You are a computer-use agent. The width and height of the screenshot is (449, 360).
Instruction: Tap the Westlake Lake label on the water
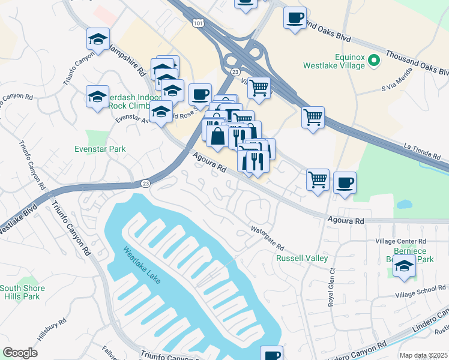coord(142,266)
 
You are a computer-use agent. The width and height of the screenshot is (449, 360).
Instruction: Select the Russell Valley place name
coord(301,258)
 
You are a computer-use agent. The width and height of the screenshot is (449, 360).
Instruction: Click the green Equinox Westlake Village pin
coord(373,61)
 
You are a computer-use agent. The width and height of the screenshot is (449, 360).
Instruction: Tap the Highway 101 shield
coord(197,22)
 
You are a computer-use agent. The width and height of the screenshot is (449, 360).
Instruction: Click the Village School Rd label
coord(420,291)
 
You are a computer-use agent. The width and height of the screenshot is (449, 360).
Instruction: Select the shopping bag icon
coord(217,136)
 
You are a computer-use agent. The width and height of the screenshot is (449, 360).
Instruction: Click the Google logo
coord(20,353)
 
